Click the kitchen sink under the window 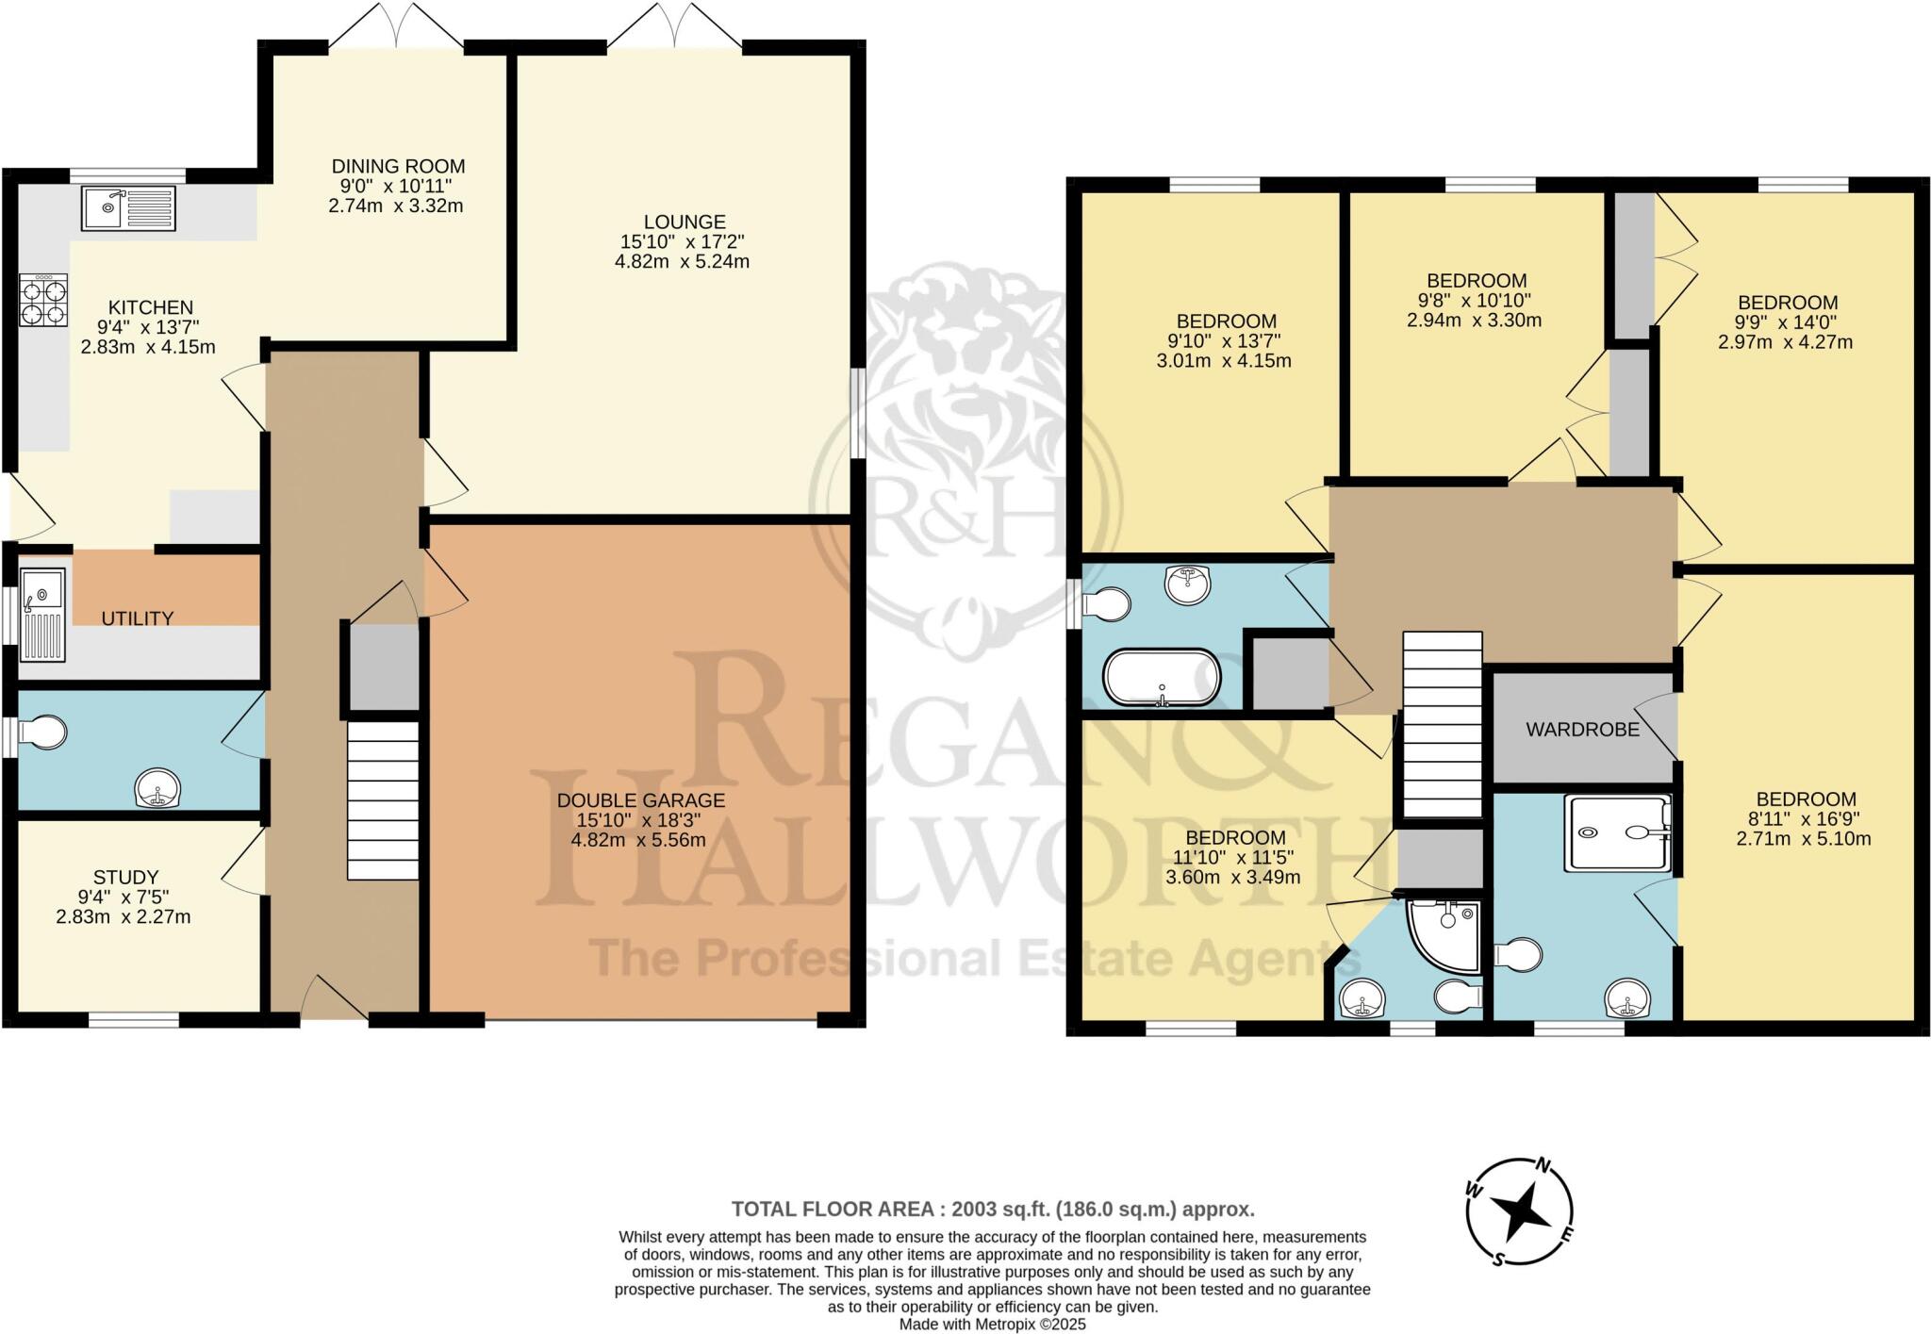(128, 208)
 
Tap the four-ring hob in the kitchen (43, 301)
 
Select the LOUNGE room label (685, 222)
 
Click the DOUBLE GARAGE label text (640, 800)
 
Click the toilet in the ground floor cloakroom (44, 733)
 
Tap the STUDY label (125, 877)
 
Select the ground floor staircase (383, 800)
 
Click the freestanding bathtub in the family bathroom (1162, 677)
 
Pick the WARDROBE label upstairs (1582, 730)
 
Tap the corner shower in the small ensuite (1444, 933)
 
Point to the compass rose (1520, 1212)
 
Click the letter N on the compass (1544, 1165)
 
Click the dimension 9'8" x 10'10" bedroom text (1476, 301)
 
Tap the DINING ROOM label (398, 167)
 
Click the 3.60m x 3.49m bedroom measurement (1233, 877)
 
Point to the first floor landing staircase (1442, 724)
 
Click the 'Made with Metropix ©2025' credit (992, 1325)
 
